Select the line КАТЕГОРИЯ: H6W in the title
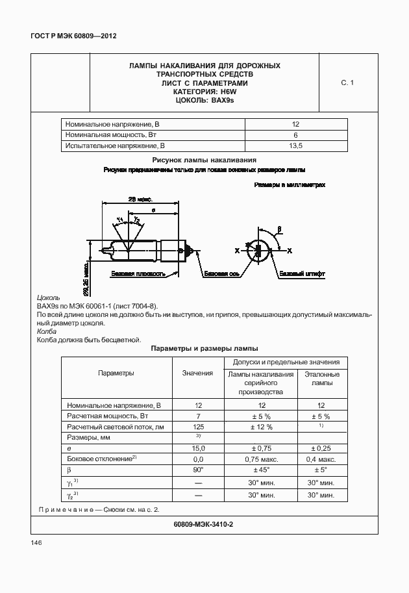coord(204,92)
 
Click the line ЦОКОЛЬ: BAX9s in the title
coord(204,101)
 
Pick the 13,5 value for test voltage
coord(295,146)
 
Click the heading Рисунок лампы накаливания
coord(204,159)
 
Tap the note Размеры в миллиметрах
coord(289,184)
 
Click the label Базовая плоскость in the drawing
coord(134,274)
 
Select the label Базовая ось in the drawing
coord(221,274)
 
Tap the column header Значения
coord(198,373)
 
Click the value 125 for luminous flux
coord(198,427)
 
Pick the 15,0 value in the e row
coord(198,448)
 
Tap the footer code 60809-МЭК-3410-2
coord(204,524)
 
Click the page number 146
coord(36,542)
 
